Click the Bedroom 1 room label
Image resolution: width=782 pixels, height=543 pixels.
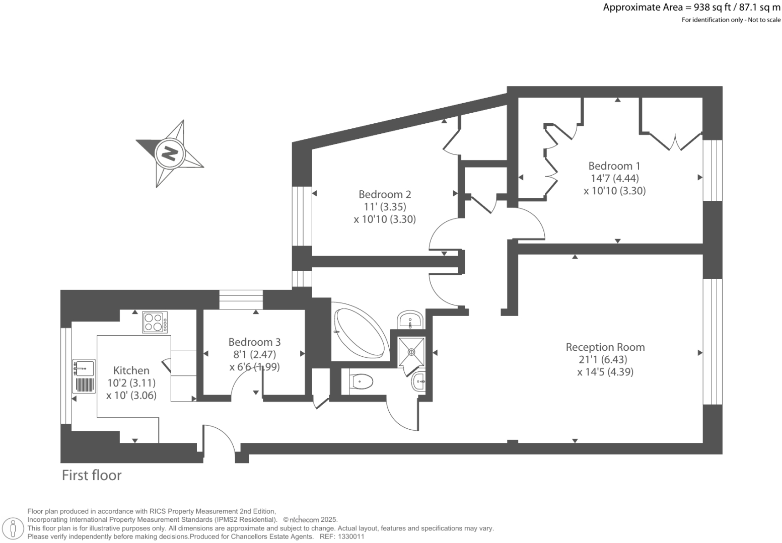pyautogui.click(x=614, y=166)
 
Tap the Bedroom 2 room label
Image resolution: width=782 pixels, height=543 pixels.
pyautogui.click(x=385, y=194)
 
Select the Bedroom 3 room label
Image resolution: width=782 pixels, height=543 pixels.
pyautogui.click(x=254, y=342)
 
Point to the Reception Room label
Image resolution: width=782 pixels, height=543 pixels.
pyautogui.click(x=605, y=347)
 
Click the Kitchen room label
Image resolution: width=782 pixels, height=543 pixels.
pyautogui.click(x=131, y=370)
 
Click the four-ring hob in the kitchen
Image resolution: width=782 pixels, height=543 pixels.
pyautogui.click(x=155, y=322)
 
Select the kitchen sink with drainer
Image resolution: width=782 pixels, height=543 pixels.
pyautogui.click(x=84, y=376)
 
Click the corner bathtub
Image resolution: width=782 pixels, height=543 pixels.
pyautogui.click(x=360, y=333)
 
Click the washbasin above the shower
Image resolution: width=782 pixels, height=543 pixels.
pyautogui.click(x=410, y=320)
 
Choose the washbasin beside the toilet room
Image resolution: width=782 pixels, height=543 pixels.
pyautogui.click(x=419, y=382)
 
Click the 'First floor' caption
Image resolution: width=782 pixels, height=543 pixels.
pyautogui.click(x=92, y=475)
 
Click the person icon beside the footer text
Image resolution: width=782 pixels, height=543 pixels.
pyautogui.click(x=14, y=529)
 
